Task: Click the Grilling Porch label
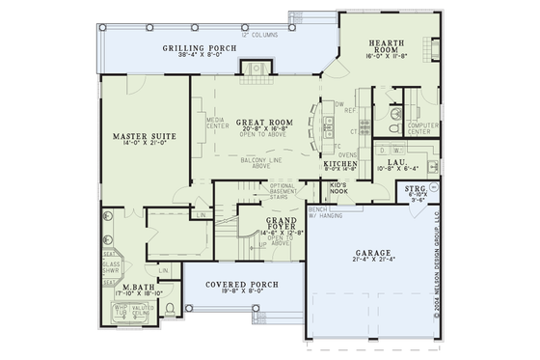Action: click(x=202, y=47)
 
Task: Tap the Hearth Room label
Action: click(x=391, y=47)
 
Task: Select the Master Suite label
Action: click(x=140, y=137)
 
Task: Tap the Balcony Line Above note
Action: click(x=258, y=163)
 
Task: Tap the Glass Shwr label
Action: click(x=111, y=267)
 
